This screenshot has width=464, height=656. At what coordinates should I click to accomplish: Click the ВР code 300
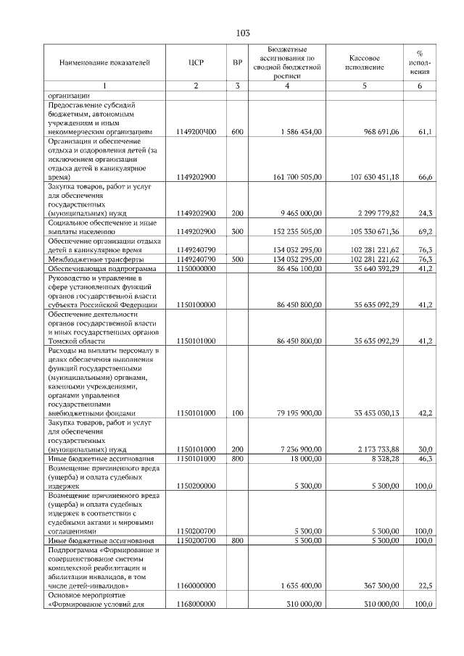pos(237,232)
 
